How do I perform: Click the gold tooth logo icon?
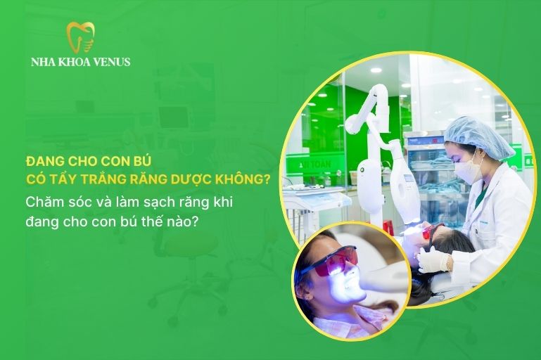click(x=80, y=37)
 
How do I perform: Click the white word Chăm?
click(x=44, y=200)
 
